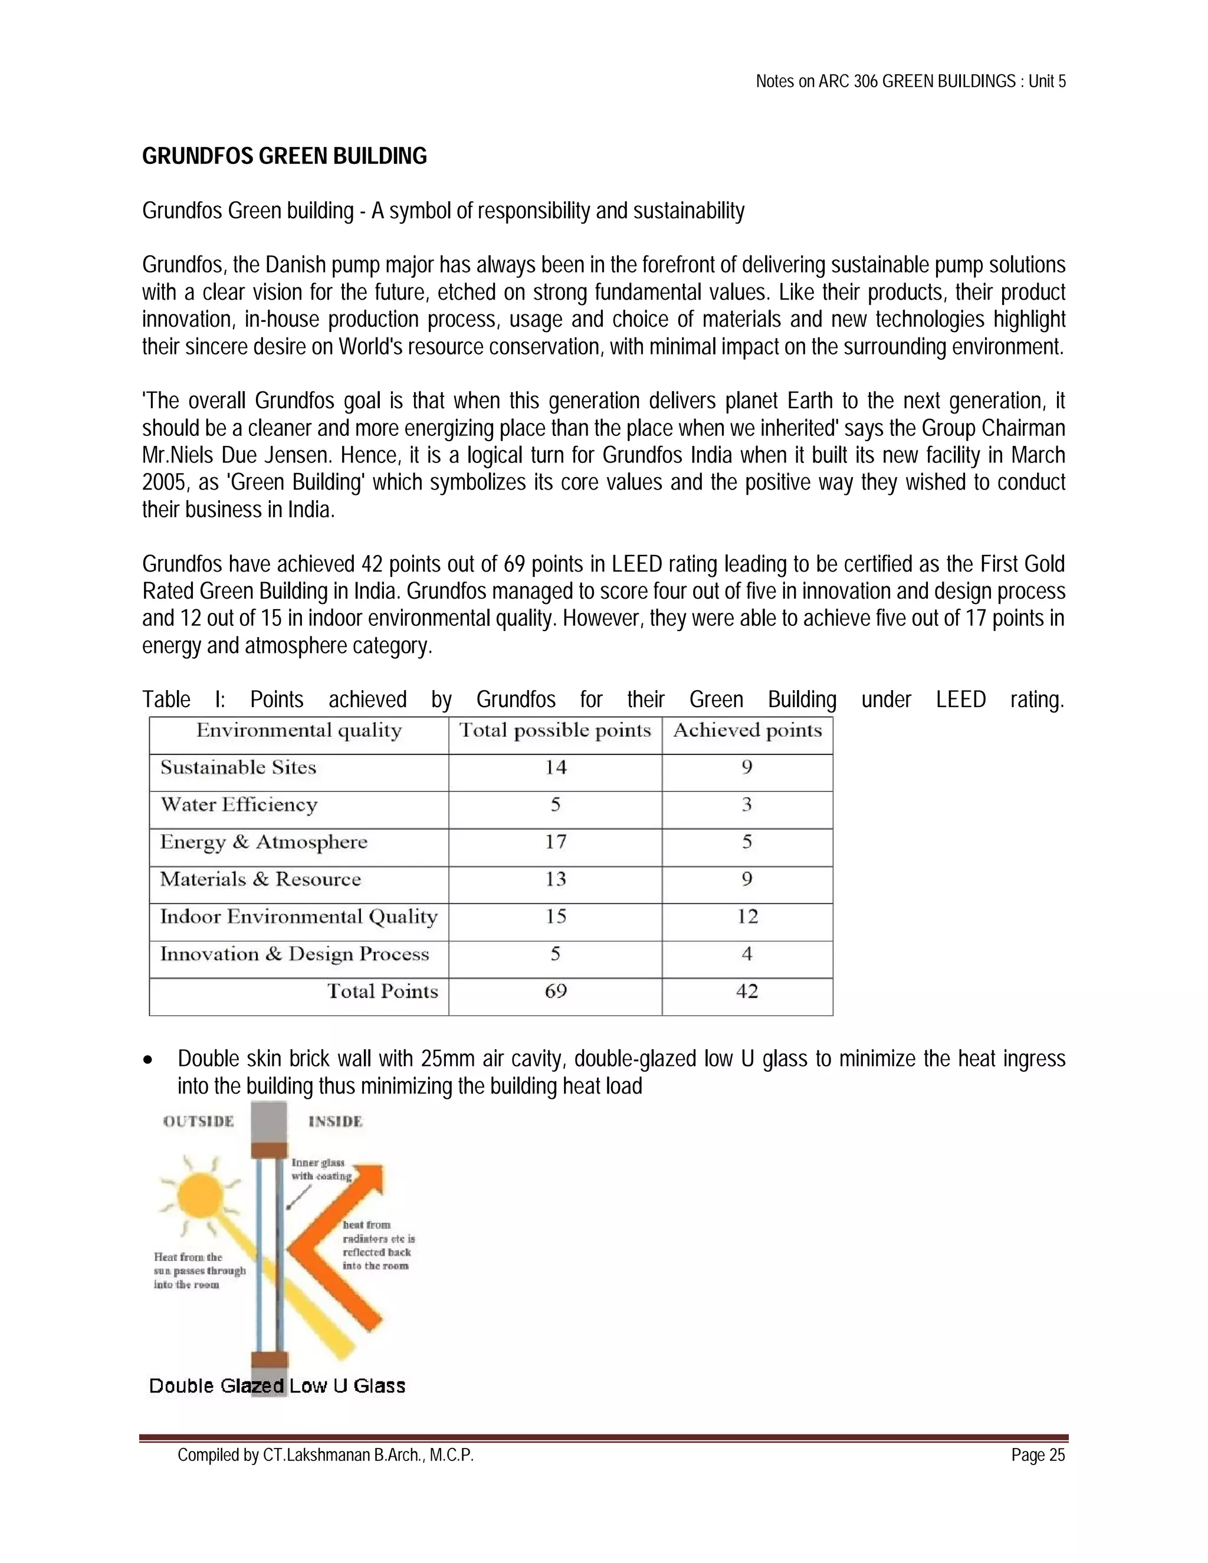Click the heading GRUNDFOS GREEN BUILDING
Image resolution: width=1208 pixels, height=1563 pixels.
tap(284, 156)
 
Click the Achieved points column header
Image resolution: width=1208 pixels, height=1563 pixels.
tap(747, 731)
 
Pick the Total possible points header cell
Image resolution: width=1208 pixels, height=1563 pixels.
tap(554, 731)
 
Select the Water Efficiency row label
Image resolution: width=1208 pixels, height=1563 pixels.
tap(238, 805)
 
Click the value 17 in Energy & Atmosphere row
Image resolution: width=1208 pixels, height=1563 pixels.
tap(555, 842)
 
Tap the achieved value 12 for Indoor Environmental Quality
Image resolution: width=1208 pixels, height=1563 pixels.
tap(747, 917)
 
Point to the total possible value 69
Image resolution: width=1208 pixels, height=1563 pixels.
tap(555, 992)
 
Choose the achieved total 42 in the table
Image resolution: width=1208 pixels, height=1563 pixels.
tap(747, 992)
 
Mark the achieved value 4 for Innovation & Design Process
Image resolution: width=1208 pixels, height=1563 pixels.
tap(747, 954)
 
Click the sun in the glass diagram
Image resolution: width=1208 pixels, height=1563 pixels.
tap(200, 1194)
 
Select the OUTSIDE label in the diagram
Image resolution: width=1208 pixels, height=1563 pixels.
tap(198, 1121)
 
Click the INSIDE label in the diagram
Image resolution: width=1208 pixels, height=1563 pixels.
tap(335, 1121)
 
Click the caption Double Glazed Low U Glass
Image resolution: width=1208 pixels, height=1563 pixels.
tap(277, 1386)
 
